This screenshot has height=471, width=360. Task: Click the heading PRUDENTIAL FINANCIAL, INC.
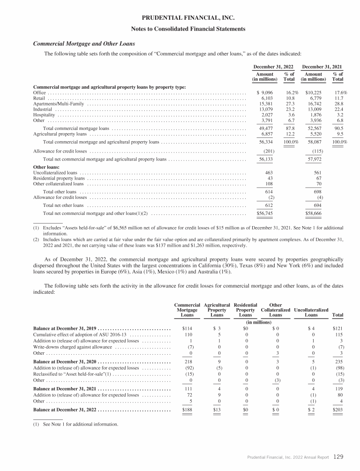pos(180,18)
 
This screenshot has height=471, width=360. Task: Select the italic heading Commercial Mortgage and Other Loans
pos(84,44)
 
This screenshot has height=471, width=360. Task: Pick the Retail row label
pos(39,98)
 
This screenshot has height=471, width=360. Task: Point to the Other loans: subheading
pos(46,167)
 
